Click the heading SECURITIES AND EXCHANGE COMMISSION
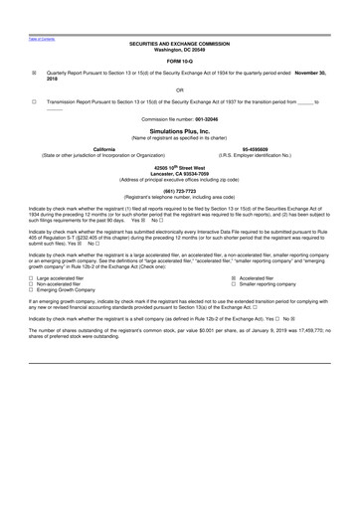tap(179, 45)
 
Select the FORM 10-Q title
tap(179, 61)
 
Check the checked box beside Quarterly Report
tap(34, 73)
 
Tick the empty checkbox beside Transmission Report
tap(34, 101)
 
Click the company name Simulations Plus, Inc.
tap(179, 130)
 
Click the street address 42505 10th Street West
tap(179, 168)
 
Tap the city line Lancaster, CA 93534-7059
tap(179, 173)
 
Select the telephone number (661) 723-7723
tap(179, 191)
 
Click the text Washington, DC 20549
tap(179, 50)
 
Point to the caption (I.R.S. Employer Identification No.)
tap(267, 155)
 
